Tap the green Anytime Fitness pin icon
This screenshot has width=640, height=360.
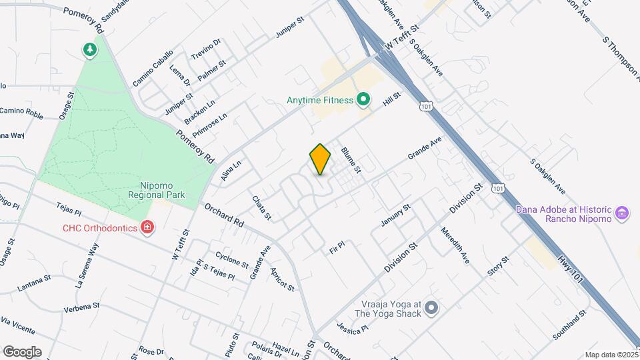coord(363,101)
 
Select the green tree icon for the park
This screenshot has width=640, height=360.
coord(89,49)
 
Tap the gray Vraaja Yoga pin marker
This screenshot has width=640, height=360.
coord(431,307)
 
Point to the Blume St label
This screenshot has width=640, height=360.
coord(351,160)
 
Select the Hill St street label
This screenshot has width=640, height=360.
coord(391,99)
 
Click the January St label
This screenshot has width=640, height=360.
coord(395,215)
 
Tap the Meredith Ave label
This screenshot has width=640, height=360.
coord(455,245)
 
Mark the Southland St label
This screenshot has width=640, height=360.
coord(569,324)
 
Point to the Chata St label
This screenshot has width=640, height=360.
coord(261,207)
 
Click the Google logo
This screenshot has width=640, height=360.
coord(22,352)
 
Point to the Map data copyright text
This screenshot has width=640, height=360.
coord(611,355)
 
